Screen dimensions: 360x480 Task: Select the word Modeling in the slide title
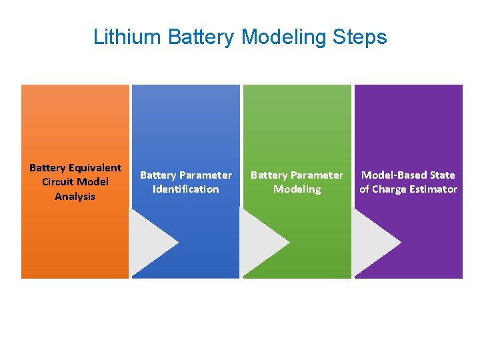point(283,37)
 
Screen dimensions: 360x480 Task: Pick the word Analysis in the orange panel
point(75,197)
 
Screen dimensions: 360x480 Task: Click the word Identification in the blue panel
point(185,189)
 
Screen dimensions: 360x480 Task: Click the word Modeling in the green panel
point(297,189)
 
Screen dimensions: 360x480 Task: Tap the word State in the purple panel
point(442,175)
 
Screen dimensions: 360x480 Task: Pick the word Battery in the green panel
point(268,175)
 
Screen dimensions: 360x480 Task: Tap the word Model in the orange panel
point(93,182)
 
